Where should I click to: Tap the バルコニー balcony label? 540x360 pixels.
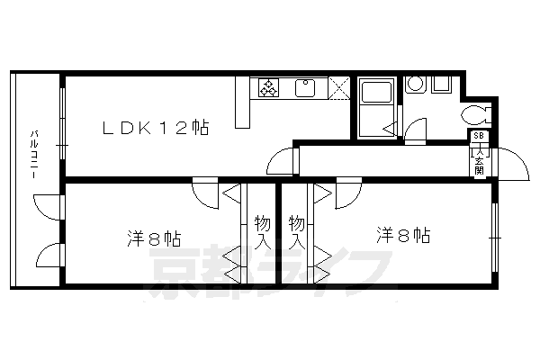[32, 153]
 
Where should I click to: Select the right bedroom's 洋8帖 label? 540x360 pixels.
[402, 236]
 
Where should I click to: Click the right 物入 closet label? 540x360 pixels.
[296, 232]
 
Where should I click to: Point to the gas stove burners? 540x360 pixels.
[269, 87]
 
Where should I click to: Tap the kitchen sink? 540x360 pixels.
[304, 87]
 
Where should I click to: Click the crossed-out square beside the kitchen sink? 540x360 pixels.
[339, 88]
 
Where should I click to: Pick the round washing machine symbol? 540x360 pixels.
[416, 85]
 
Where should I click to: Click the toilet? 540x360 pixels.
[474, 114]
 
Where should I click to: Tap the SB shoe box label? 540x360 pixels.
[478, 136]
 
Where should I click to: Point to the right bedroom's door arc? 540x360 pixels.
[346, 196]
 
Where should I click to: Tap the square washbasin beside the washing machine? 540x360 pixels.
[442, 85]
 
